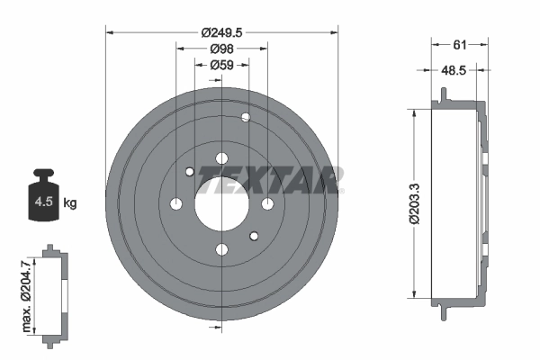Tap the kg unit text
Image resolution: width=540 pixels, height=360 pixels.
[70, 203]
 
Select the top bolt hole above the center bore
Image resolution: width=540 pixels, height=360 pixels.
[221, 158]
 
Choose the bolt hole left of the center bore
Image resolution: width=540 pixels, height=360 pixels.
[176, 204]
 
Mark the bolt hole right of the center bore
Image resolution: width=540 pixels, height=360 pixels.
[267, 204]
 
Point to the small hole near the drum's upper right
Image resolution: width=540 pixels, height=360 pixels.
[246, 117]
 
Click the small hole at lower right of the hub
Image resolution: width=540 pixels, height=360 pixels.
[254, 237]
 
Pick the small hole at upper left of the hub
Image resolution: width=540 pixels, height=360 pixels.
[189, 172]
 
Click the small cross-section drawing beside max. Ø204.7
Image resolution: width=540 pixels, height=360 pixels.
[55, 292]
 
